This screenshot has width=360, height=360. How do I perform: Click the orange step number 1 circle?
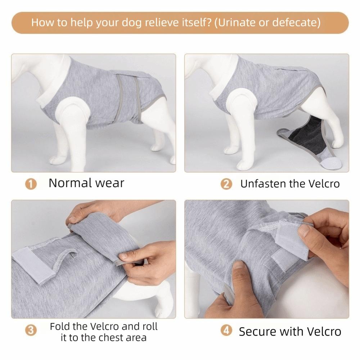pos(31,184)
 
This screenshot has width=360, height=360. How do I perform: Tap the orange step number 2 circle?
pos(226,184)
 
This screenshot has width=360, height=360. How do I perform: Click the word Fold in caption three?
pos(59,327)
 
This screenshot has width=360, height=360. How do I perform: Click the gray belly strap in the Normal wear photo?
pos(128,97)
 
